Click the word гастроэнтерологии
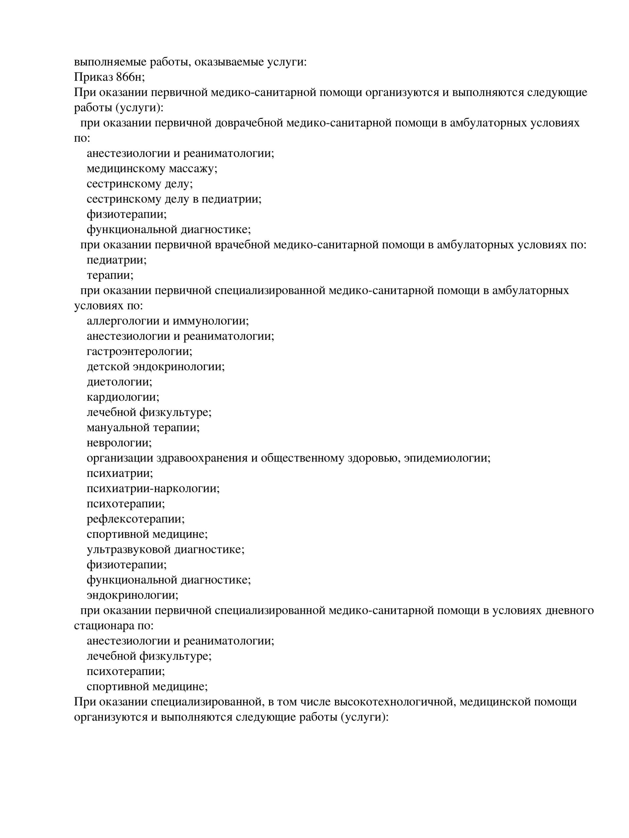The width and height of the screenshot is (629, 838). [139, 351]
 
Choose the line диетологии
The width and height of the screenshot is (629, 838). [119, 381]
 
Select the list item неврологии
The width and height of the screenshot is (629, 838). [119, 443]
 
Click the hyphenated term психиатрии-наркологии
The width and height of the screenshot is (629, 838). [153, 488]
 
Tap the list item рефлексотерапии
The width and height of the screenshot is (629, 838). [135, 519]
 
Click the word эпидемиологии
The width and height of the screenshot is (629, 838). [447, 458]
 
